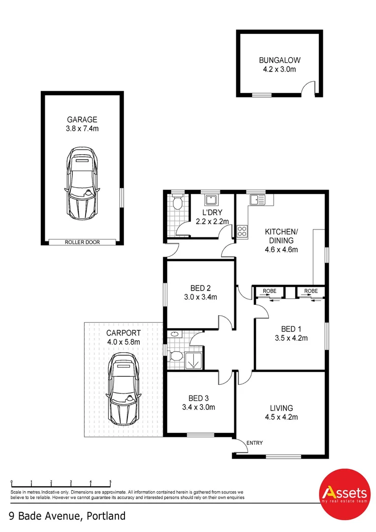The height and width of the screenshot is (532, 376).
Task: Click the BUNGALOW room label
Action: [x=280, y=61]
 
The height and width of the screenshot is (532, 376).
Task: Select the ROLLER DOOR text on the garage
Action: [x=82, y=242]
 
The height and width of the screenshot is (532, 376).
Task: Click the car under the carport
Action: [x=123, y=387]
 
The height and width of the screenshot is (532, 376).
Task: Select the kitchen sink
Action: [x=256, y=199]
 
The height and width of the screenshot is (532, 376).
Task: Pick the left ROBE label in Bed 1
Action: [x=269, y=291]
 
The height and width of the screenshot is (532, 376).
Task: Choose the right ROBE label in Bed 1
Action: [x=311, y=291]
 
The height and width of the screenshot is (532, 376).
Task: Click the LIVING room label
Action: [x=281, y=408]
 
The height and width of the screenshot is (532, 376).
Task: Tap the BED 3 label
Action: [x=198, y=398]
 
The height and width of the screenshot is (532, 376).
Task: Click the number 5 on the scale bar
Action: [x=110, y=482]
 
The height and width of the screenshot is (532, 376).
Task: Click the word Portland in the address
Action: [x=106, y=516]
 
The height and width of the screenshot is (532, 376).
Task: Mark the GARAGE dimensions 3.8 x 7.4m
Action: [x=82, y=129]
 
